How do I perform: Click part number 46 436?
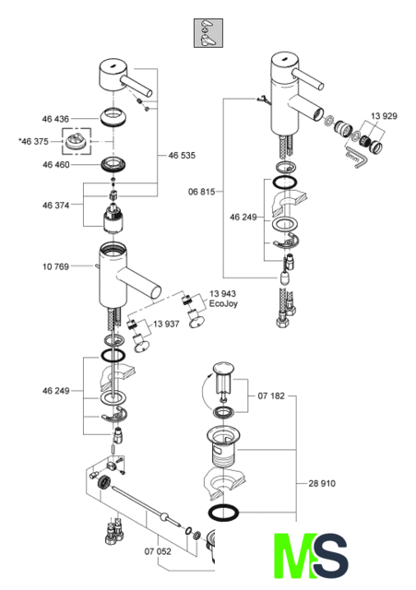tap(55, 119)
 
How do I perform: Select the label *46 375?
tap(33, 141)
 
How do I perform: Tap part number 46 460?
tap(55, 164)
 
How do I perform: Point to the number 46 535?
tap(182, 156)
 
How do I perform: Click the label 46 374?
tap(55, 205)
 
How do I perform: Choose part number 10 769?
tap(55, 266)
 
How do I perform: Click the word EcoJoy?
tap(223, 303)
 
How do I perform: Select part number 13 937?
tap(166, 324)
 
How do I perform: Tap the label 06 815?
tap(201, 192)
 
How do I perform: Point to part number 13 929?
tap(384, 116)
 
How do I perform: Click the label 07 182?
tap(271, 395)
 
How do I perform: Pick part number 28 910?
tap(322, 483)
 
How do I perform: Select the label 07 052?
tap(158, 551)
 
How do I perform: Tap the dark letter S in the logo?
tap(331, 556)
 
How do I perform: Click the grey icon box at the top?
tap(208, 33)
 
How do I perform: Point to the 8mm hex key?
tap(354, 157)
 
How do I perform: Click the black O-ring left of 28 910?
tap(223, 513)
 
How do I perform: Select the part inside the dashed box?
tap(76, 141)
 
